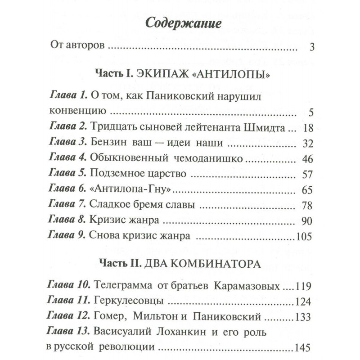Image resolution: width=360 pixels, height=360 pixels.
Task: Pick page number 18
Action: tap(308, 128)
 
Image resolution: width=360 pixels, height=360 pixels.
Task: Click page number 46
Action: tap(308, 159)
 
